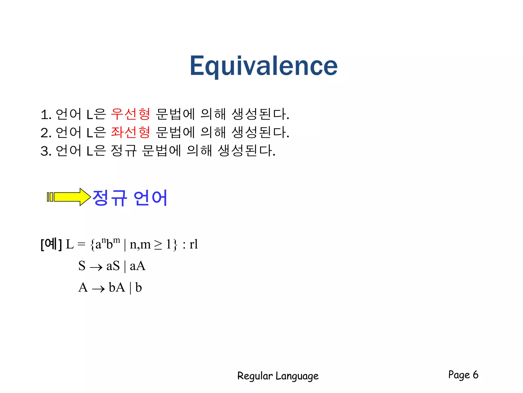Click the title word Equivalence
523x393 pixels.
tap(264, 66)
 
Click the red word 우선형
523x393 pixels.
tap(130, 114)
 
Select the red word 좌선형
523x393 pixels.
tap(130, 132)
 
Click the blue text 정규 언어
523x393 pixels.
tap(130, 198)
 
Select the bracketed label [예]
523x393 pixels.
tap(51, 244)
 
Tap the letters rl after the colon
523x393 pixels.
tap(194, 244)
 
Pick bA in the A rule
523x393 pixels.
tap(117, 288)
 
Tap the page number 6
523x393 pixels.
tap(475, 375)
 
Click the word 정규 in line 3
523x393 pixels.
tap(124, 151)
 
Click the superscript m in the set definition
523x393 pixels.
tap(116, 240)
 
